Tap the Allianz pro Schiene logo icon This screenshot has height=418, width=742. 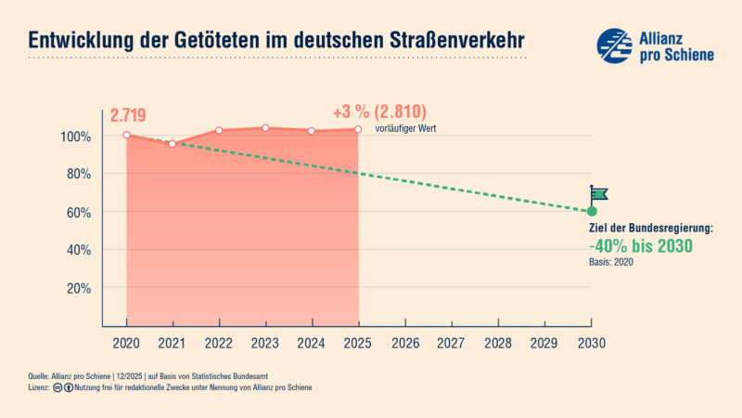pyautogui.click(x=614, y=45)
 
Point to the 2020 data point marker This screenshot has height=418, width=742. pyautogui.click(x=126, y=136)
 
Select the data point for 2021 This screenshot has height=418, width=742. pyautogui.click(x=173, y=144)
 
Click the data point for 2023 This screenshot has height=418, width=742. pyautogui.click(x=265, y=128)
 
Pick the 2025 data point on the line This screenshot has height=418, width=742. pyautogui.click(x=358, y=129)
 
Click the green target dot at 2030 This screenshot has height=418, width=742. pyautogui.click(x=592, y=212)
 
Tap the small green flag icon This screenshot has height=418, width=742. pyautogui.click(x=598, y=193)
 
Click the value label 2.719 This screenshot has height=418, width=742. pyautogui.click(x=128, y=116)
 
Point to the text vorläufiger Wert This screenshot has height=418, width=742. pyautogui.click(x=405, y=128)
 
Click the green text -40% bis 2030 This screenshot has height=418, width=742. pyautogui.click(x=641, y=246)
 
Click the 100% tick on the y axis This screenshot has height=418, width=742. pyautogui.click(x=77, y=137)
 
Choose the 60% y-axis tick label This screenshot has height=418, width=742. pyautogui.click(x=79, y=212)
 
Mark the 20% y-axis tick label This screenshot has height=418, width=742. pyautogui.click(x=79, y=288)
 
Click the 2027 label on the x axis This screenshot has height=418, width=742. pyautogui.click(x=452, y=343)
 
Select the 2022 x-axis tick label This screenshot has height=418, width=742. pyautogui.click(x=219, y=343)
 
